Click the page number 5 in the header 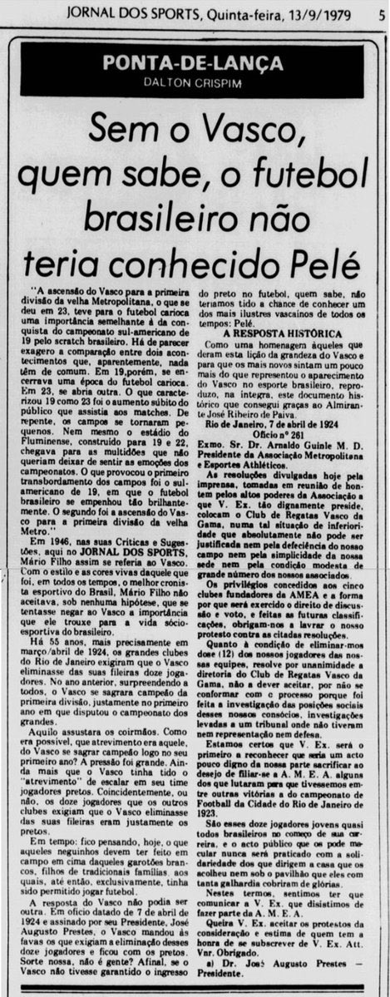pyautogui.click(x=378, y=12)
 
